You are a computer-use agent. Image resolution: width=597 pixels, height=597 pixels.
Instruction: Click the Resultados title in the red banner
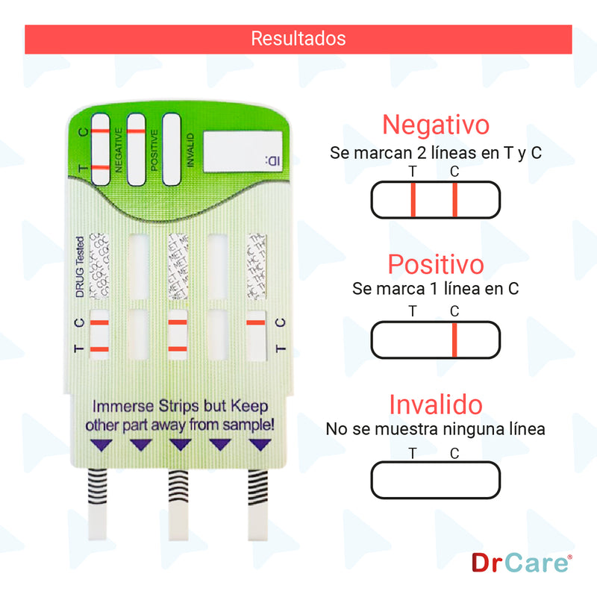pos(298,38)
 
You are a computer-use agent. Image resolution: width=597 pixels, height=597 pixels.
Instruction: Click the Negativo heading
pos(436,124)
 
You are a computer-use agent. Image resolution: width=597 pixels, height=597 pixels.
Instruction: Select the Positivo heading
pos(436,264)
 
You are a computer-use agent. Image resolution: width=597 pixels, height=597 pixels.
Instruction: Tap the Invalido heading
pos(436,405)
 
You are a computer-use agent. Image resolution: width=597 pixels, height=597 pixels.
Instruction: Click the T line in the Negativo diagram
pos(413,200)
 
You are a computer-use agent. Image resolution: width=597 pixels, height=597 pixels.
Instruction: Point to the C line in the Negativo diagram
pos(454,200)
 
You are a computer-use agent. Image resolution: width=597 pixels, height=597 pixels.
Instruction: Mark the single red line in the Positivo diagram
pos(454,340)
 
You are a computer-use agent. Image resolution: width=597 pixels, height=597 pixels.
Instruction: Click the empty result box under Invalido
pos(436,481)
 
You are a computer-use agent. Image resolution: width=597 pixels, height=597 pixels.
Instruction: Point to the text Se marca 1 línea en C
pos(436,289)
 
